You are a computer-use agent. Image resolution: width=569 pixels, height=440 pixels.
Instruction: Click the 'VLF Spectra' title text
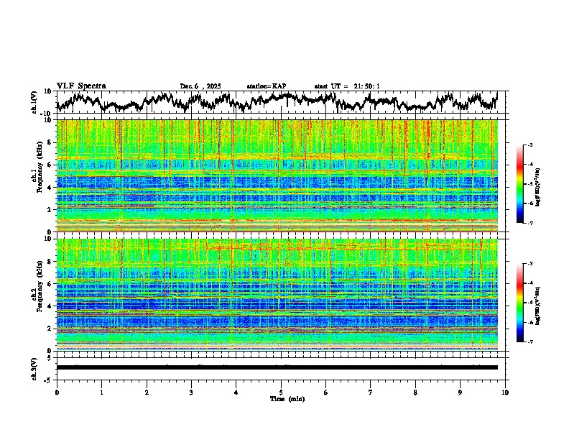[x=81, y=86]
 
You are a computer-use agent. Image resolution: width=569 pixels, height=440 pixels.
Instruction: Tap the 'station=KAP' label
[x=266, y=86]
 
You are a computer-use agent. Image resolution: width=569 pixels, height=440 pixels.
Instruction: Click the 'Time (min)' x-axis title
[x=281, y=398]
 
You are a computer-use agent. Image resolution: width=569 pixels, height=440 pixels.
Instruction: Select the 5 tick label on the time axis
[x=281, y=392]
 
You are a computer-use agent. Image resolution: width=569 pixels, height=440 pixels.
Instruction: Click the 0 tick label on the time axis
[x=57, y=392]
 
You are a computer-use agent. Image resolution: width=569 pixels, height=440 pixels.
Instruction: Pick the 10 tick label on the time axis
[x=505, y=392]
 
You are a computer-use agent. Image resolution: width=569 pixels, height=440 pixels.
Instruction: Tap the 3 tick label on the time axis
[x=191, y=392]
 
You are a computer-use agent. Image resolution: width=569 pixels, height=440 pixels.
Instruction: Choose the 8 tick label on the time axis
[x=415, y=392]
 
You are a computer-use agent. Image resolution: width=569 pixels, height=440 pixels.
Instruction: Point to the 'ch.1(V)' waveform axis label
[x=34, y=102]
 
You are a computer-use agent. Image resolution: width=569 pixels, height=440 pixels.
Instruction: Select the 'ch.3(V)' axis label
[x=34, y=367]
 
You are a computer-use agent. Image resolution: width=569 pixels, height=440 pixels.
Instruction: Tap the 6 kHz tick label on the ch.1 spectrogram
[x=51, y=165]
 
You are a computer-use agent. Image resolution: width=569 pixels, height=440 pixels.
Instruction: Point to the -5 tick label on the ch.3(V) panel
[x=49, y=379]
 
